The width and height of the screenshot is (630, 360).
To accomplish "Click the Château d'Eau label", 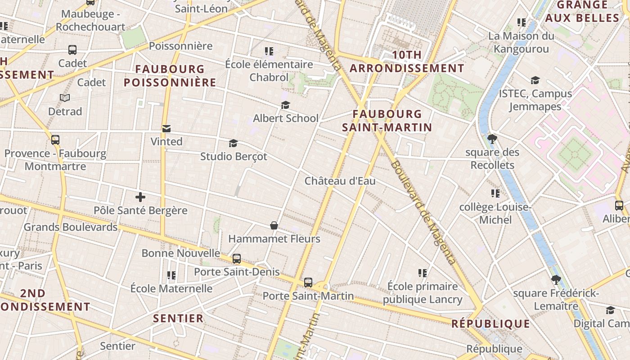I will [340, 181].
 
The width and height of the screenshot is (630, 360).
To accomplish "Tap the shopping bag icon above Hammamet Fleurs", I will [274, 225].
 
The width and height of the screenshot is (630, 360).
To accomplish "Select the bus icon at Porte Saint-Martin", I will [308, 283].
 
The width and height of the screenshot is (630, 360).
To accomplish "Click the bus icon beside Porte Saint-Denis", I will [237, 259].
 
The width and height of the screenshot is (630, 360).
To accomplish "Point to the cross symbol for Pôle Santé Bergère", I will [140, 197].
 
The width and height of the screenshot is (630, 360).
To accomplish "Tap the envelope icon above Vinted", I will [166, 129].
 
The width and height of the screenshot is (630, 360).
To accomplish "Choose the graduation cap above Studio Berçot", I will [233, 144].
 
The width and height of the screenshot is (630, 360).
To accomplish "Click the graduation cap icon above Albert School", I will [285, 105].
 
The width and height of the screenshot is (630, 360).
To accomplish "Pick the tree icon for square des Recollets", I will [492, 139].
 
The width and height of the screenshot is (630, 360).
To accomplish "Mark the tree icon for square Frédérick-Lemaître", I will [556, 280].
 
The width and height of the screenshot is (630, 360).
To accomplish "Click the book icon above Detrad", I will [65, 98].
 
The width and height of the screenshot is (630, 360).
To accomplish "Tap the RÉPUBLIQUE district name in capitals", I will [490, 324].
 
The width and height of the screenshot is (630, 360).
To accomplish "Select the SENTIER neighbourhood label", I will [178, 319].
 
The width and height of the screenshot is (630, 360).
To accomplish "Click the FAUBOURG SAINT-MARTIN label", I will [387, 121].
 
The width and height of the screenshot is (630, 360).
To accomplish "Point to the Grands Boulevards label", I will [71, 227].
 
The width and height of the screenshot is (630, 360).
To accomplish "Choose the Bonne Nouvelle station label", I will [181, 253].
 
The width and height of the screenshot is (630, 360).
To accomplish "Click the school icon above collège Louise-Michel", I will [495, 193].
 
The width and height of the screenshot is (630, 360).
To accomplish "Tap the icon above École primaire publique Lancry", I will [422, 273].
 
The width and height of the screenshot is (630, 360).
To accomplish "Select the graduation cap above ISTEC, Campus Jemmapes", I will [535, 81].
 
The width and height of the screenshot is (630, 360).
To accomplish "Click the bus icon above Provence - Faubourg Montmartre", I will [55, 140].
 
